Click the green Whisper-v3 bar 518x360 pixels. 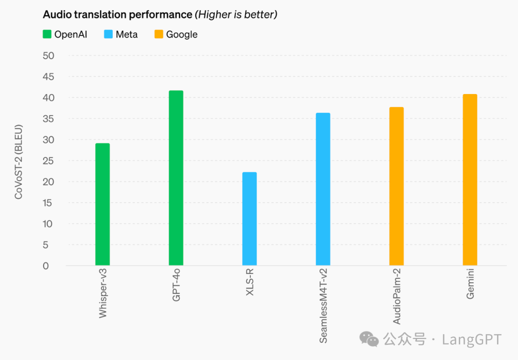pyautogui.click(x=102, y=204)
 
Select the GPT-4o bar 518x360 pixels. pyautogui.click(x=176, y=178)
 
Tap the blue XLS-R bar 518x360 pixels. pyautogui.click(x=249, y=218)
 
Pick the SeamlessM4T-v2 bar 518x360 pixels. pyautogui.click(x=323, y=189)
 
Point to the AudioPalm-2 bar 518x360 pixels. pyautogui.click(x=396, y=186)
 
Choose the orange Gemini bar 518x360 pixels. pyautogui.click(x=470, y=180)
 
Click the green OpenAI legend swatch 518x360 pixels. pyautogui.click(x=47, y=35)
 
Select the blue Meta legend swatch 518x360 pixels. pyautogui.click(x=108, y=35)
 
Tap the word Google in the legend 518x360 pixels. pyautogui.click(x=182, y=35)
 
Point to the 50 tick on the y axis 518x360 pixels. pyautogui.click(x=48, y=56)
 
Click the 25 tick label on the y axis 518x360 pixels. pyautogui.click(x=48, y=161)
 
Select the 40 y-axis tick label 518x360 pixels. pyautogui.click(x=48, y=98)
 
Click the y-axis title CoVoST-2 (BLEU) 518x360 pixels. pyautogui.click(x=18, y=162)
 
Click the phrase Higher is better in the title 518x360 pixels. pyautogui.click(x=235, y=15)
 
